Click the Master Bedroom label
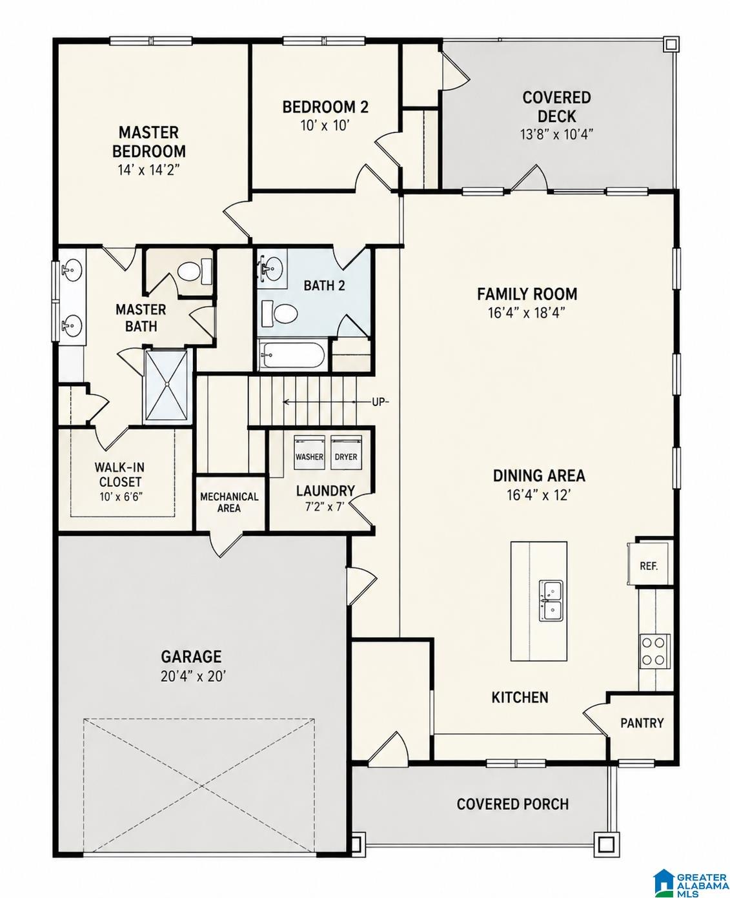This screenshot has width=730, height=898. click(149, 141)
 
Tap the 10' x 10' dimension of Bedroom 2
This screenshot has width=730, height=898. click(325, 126)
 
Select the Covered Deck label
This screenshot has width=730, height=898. click(557, 107)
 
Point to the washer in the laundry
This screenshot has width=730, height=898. click(309, 452)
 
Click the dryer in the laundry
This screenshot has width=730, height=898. click(346, 452)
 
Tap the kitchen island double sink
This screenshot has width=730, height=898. click(551, 601)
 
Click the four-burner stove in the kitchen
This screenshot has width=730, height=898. click(654, 651)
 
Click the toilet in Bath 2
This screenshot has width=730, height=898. click(279, 313)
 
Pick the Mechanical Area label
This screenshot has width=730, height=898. click(229, 502)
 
